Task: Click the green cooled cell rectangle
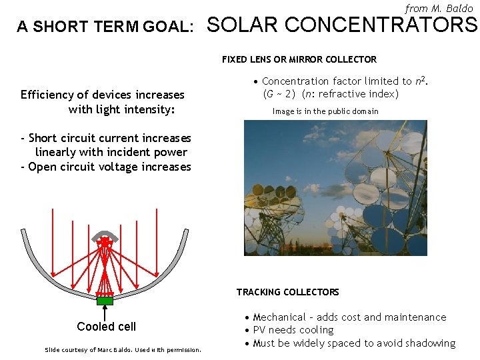click(105, 301)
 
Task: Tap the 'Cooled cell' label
click(106, 327)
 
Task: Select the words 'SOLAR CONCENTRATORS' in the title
click(343, 25)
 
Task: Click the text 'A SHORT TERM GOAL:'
click(105, 27)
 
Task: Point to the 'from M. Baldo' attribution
click(439, 9)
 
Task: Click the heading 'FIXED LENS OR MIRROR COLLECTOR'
click(299, 59)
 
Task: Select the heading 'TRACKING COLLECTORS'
click(287, 292)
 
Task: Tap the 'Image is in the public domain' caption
click(325, 111)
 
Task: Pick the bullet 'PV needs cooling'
click(293, 330)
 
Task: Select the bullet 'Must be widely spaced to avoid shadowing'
click(354, 343)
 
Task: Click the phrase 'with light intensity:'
click(121, 109)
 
